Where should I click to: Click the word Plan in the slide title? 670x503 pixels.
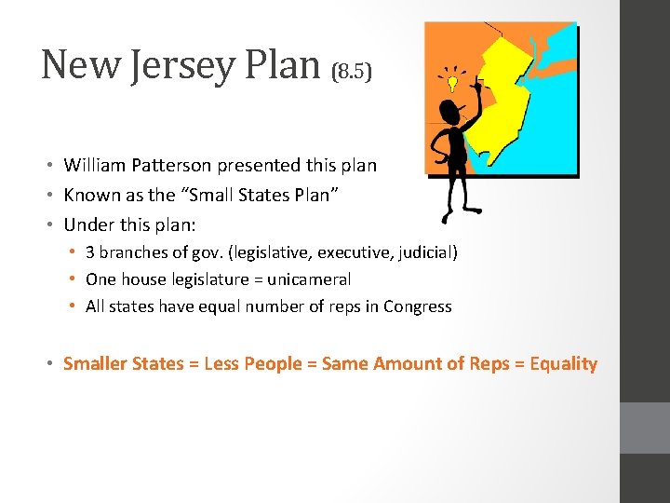point(288,65)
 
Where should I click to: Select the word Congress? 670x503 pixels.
point(418,306)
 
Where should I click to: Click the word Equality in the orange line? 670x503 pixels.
point(563,363)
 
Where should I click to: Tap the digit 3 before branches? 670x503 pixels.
point(90,252)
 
